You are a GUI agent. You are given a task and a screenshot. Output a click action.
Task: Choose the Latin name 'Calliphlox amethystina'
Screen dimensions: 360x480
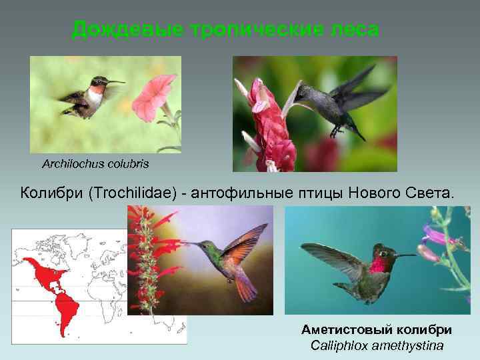(377, 345)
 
